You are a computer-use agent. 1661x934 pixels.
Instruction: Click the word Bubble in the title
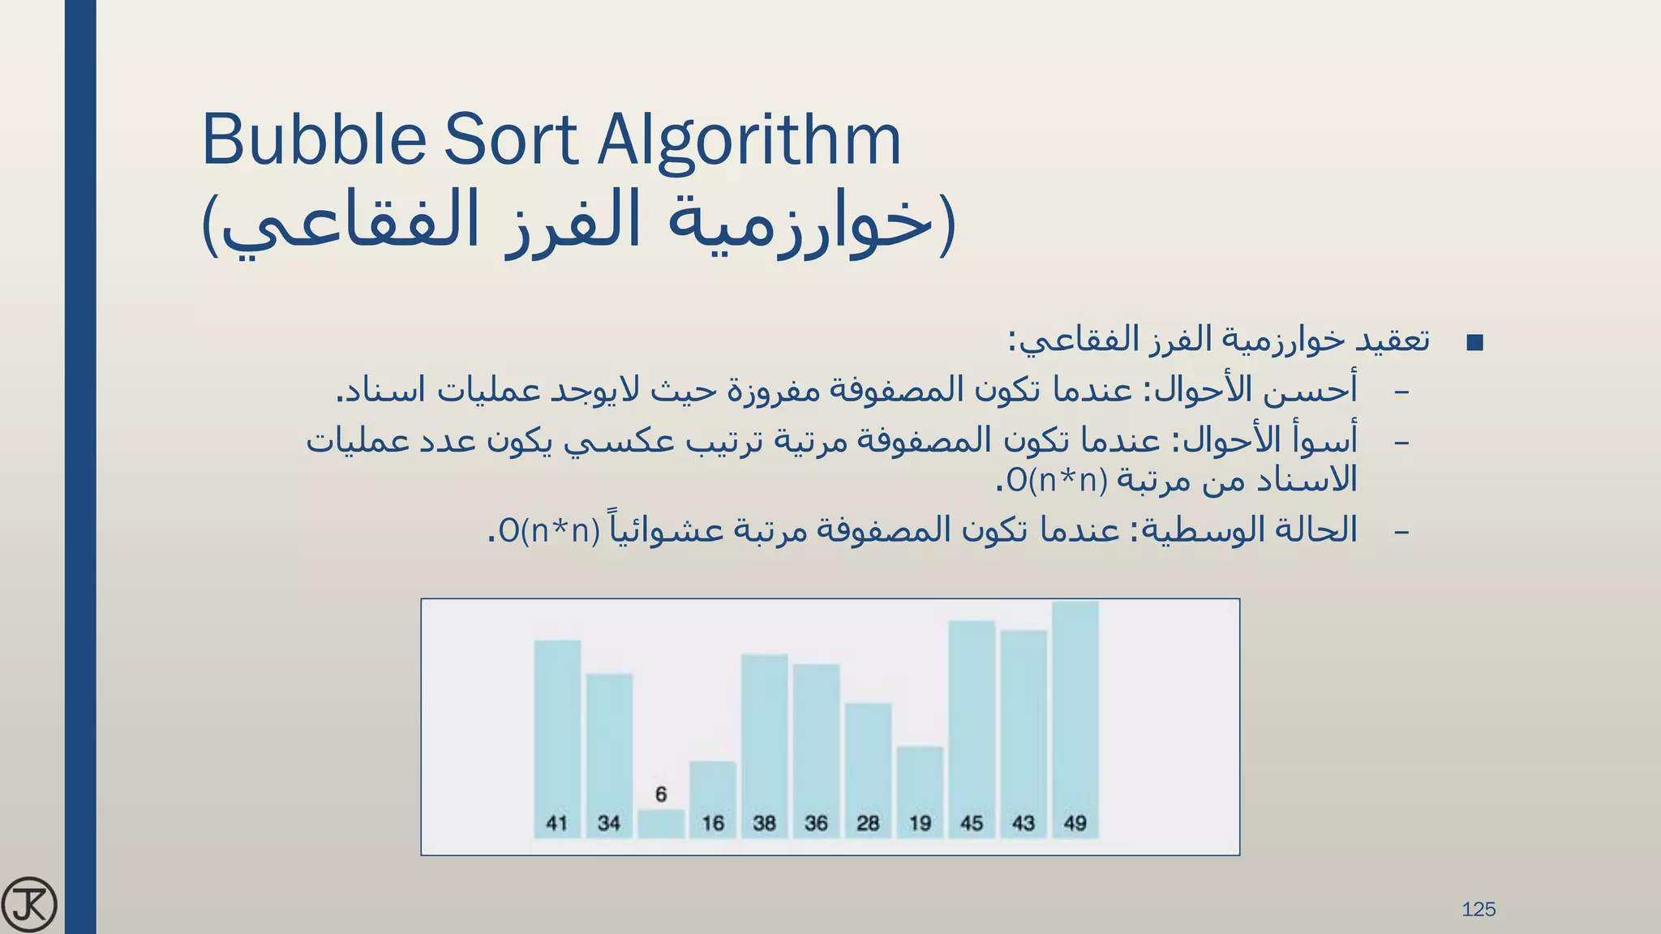pos(313,139)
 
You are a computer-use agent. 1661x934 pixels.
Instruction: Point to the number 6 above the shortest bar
pos(661,795)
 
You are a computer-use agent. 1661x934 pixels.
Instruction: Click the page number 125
pos(1479,910)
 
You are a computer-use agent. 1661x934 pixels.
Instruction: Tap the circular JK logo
pos(30,904)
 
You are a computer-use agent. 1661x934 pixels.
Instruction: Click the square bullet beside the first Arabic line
pos(1475,343)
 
